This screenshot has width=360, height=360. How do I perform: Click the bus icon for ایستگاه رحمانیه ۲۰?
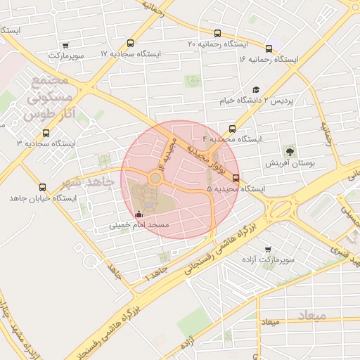pos(217,33)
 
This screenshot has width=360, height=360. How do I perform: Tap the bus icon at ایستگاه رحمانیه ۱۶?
pos(269,49)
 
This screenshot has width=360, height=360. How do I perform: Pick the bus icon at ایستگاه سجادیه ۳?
pos(46,132)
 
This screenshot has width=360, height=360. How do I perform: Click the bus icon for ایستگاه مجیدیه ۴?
pos(231,129)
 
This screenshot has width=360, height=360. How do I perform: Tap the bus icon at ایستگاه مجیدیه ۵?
pos(236,178)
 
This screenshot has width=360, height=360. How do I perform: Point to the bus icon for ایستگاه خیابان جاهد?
pos(43,188)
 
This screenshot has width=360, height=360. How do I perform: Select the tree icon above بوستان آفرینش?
pos(289,151)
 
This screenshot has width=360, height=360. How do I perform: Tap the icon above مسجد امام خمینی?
pos(138,214)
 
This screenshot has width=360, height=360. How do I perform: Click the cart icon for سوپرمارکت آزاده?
pos(267,250)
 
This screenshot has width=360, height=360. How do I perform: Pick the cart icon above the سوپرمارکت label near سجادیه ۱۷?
pos(65,44)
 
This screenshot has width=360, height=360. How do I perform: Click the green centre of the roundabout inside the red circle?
pos(155,179)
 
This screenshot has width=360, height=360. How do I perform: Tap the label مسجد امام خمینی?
pos(138,226)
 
